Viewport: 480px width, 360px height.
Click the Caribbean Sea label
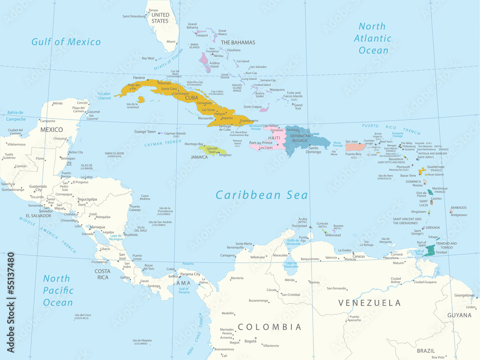[262, 195]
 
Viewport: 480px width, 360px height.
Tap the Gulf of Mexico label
[66, 42]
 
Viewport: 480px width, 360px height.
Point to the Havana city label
[139, 77]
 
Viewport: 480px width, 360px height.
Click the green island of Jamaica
[209, 150]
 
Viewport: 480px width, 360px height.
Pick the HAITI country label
[274, 138]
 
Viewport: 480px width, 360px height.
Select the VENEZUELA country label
[369, 303]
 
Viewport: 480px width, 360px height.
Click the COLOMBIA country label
[270, 327]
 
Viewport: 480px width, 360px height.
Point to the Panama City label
[190, 274]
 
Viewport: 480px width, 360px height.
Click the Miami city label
[171, 42]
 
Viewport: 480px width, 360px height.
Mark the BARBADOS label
[458, 208]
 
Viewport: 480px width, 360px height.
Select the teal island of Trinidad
[430, 250]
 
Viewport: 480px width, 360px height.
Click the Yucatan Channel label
[104, 96]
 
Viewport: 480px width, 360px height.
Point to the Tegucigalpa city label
[87, 199]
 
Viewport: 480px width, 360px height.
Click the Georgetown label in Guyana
[464, 295]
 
